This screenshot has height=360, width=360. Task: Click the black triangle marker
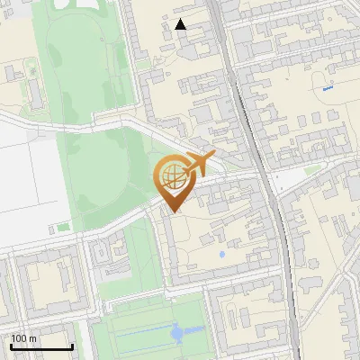click(x=182, y=24)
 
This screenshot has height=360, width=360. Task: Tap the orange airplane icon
click(x=198, y=164)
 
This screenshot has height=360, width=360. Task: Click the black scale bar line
click(x=41, y=347)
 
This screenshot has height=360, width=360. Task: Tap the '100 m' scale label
click(x=24, y=338)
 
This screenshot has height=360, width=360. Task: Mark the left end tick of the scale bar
click(x=12, y=346)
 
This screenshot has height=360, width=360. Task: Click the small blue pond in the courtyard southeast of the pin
click(x=221, y=255)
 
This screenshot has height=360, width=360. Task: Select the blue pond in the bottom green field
click(x=178, y=333)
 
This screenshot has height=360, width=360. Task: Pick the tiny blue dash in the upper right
click(x=327, y=88)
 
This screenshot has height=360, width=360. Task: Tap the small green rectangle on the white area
click(x=63, y=228)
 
